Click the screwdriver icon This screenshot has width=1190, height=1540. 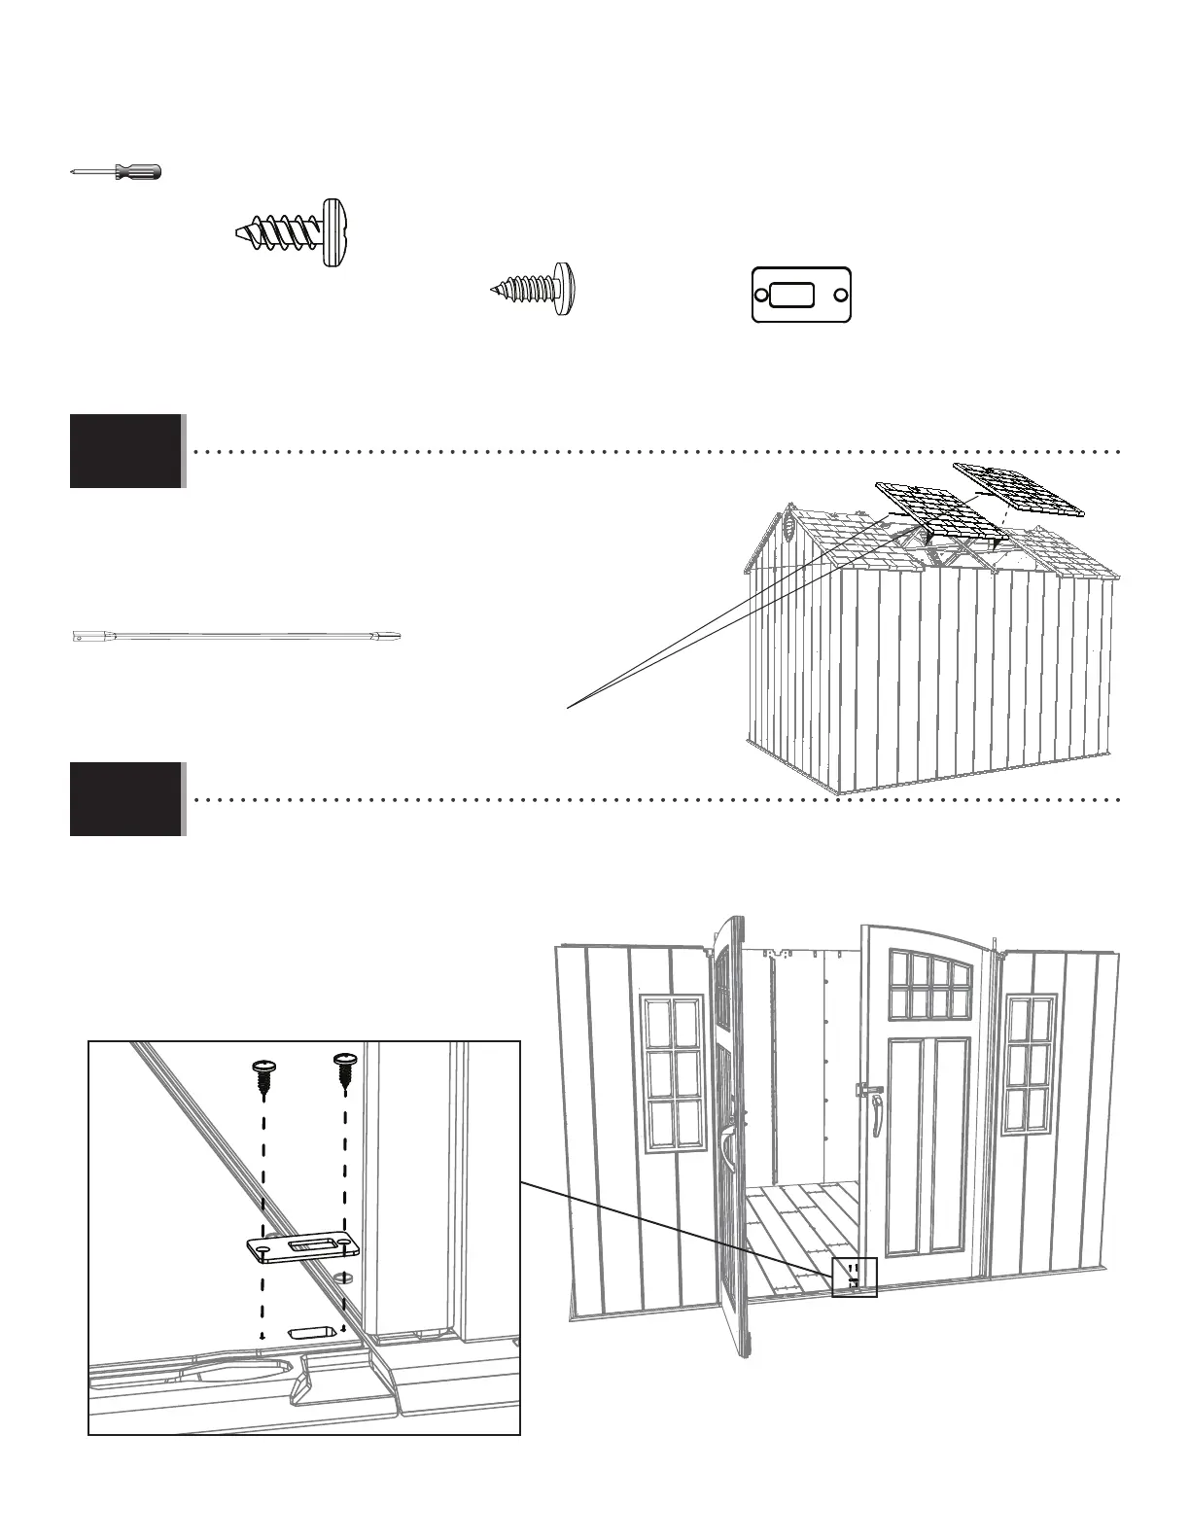pyautogui.click(x=117, y=172)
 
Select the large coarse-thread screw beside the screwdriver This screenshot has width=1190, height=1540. pyautogui.click(x=293, y=233)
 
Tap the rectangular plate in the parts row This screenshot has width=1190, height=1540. pyautogui.click(x=801, y=295)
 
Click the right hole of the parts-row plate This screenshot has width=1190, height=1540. pyautogui.click(x=840, y=295)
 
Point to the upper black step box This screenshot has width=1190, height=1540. pyautogui.click(x=126, y=450)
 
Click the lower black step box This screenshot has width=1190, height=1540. pyautogui.click(x=126, y=799)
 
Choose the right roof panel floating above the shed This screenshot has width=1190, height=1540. pyautogui.click(x=1019, y=490)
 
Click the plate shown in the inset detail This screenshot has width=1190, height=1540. pyautogui.click(x=301, y=1248)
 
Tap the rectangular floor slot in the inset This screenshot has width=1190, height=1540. pyautogui.click(x=313, y=1330)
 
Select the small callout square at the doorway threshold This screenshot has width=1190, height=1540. pyautogui.click(x=855, y=1277)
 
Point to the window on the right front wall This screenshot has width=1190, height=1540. pyautogui.click(x=1030, y=1063)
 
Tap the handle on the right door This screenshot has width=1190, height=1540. pyautogui.click(x=877, y=1114)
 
